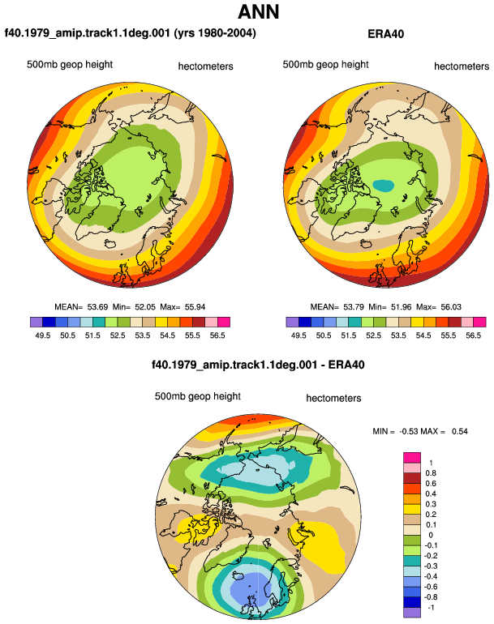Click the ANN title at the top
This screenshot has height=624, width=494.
point(259,11)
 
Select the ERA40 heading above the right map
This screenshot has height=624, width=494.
point(385,34)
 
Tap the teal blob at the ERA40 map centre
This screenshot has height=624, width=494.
point(383,185)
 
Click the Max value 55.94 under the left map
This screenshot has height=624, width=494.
point(195,307)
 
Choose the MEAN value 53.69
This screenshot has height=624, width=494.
point(97,307)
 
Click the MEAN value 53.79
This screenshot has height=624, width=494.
point(354,307)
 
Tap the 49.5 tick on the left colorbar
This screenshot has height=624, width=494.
point(43,336)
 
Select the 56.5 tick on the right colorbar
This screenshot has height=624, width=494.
point(473,336)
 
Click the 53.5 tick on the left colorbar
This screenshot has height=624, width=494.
point(142,336)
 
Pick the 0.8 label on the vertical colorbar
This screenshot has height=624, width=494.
point(431,473)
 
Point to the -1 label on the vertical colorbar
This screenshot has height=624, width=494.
point(431,608)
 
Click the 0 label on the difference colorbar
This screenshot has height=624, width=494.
point(431,535)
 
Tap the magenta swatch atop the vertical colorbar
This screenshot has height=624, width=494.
point(412,457)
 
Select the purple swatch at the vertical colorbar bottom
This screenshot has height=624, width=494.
point(412,613)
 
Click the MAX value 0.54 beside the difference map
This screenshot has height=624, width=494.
point(460,431)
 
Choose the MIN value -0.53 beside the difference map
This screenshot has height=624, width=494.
point(408,431)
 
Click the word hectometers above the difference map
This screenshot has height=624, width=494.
point(333,399)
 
